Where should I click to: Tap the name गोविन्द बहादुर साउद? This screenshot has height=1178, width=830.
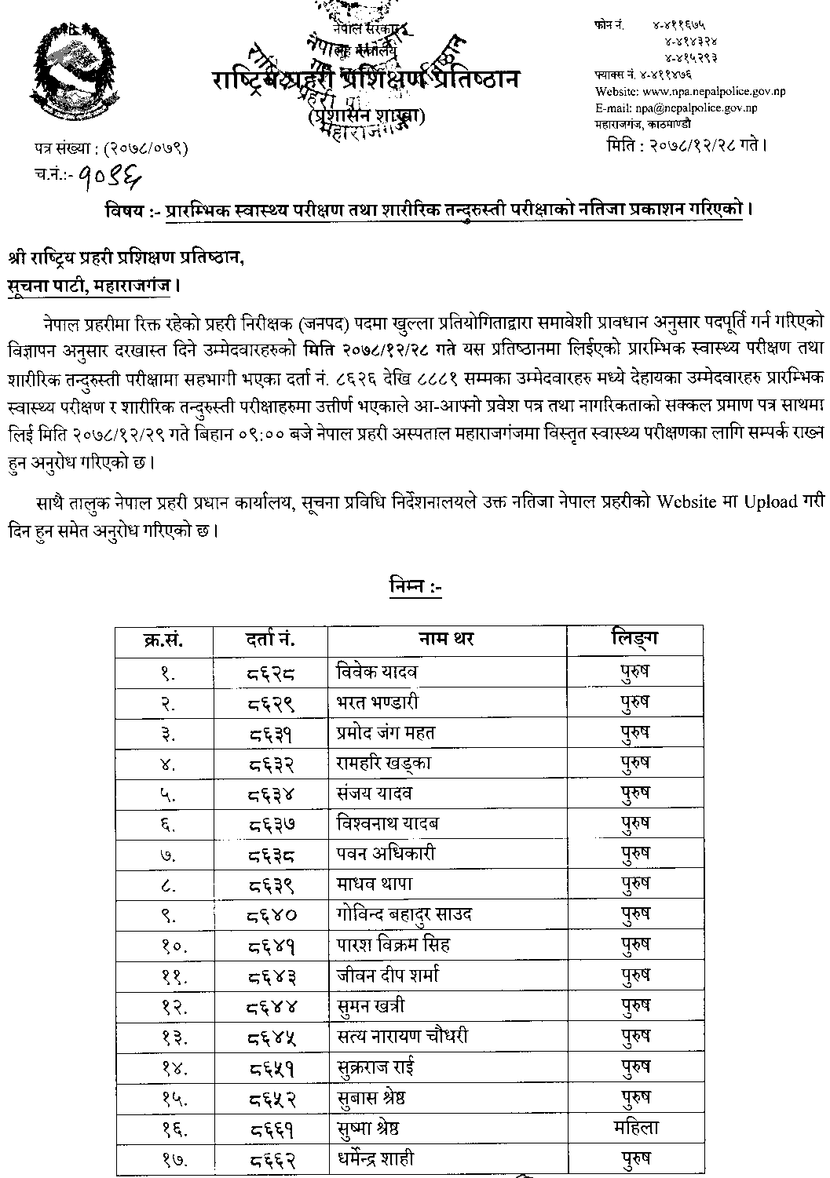click(404, 914)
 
